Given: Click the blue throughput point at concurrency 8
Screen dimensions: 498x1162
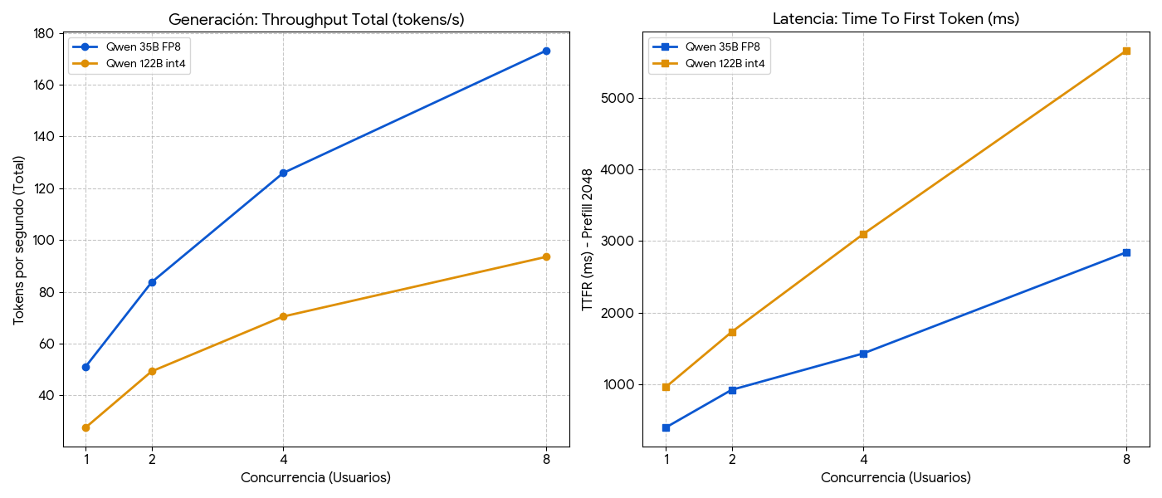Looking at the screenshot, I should [x=546, y=51].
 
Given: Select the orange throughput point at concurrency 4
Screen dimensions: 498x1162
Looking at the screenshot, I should [x=283, y=316].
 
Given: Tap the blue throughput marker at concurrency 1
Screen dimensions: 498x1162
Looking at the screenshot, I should [x=85, y=367].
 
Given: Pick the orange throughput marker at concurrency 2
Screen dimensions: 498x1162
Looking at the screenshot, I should [x=152, y=371].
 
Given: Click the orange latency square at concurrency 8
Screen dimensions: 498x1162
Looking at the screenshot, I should [x=1126, y=51].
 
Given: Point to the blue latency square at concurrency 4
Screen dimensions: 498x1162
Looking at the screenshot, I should [x=863, y=354].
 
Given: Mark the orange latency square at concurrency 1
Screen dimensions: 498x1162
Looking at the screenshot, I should [x=666, y=387].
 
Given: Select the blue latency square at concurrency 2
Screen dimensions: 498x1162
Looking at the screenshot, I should [x=732, y=390].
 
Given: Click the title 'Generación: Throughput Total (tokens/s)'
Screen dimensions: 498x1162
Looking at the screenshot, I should [x=315, y=19].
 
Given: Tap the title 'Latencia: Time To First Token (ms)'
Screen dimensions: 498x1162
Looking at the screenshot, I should [x=896, y=19].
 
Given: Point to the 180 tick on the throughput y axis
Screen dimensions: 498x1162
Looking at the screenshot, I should [x=44, y=33].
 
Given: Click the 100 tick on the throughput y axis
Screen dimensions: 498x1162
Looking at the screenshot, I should [x=44, y=241].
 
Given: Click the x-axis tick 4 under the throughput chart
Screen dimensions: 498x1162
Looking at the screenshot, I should [x=283, y=458].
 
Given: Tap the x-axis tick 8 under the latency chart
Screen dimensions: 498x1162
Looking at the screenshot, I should [x=1126, y=458].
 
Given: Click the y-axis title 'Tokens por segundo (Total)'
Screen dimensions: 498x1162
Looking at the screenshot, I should [x=19, y=240].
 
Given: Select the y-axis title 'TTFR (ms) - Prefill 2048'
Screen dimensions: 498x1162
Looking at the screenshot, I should [x=588, y=240].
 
